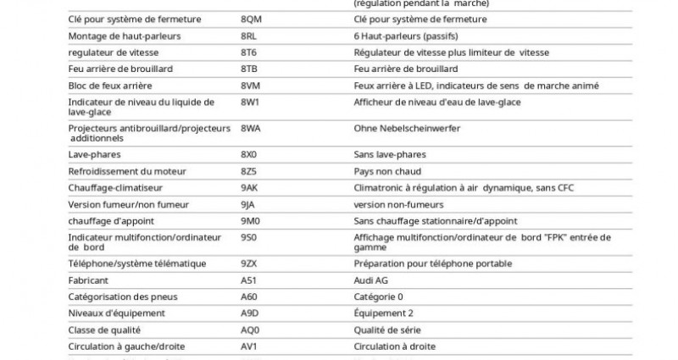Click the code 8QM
click(x=252, y=19)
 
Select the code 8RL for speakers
click(x=251, y=36)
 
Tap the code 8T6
click(x=250, y=53)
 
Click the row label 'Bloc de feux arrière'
click(x=111, y=86)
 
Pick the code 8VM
click(x=252, y=86)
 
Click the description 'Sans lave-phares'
click(x=390, y=155)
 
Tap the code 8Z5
click(x=250, y=171)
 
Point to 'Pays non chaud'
click(x=386, y=171)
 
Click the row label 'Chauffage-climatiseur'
click(x=115, y=188)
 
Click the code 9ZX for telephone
click(x=250, y=264)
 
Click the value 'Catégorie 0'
click(x=379, y=296)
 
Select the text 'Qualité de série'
click(x=387, y=330)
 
